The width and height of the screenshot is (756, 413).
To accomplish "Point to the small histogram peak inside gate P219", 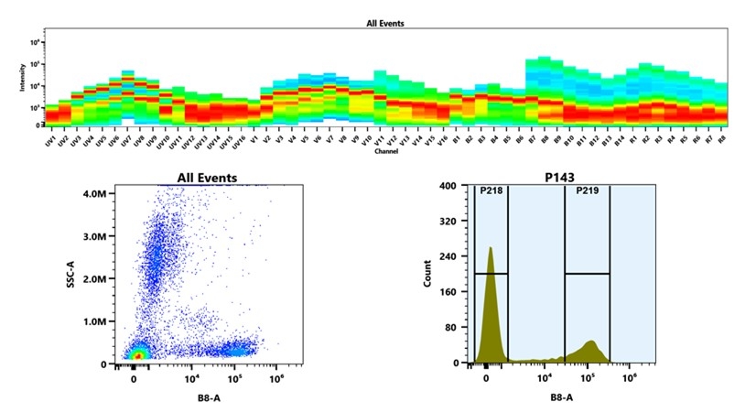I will pos(590,342).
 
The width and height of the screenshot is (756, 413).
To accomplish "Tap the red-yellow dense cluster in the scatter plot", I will pos(138,354).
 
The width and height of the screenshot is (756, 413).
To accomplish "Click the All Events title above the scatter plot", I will pos(206,178).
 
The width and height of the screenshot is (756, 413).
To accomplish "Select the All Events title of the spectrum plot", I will pos(385,23).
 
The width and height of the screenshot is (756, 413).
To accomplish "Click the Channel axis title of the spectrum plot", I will pos(385,151).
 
